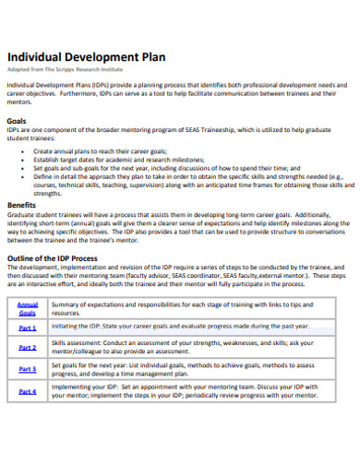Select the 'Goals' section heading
click(17, 121)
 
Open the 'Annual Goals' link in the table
click(28, 309)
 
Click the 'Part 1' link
click(28, 328)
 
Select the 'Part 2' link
click(28, 348)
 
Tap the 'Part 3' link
click(28, 369)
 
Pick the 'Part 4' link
click(28, 391)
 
